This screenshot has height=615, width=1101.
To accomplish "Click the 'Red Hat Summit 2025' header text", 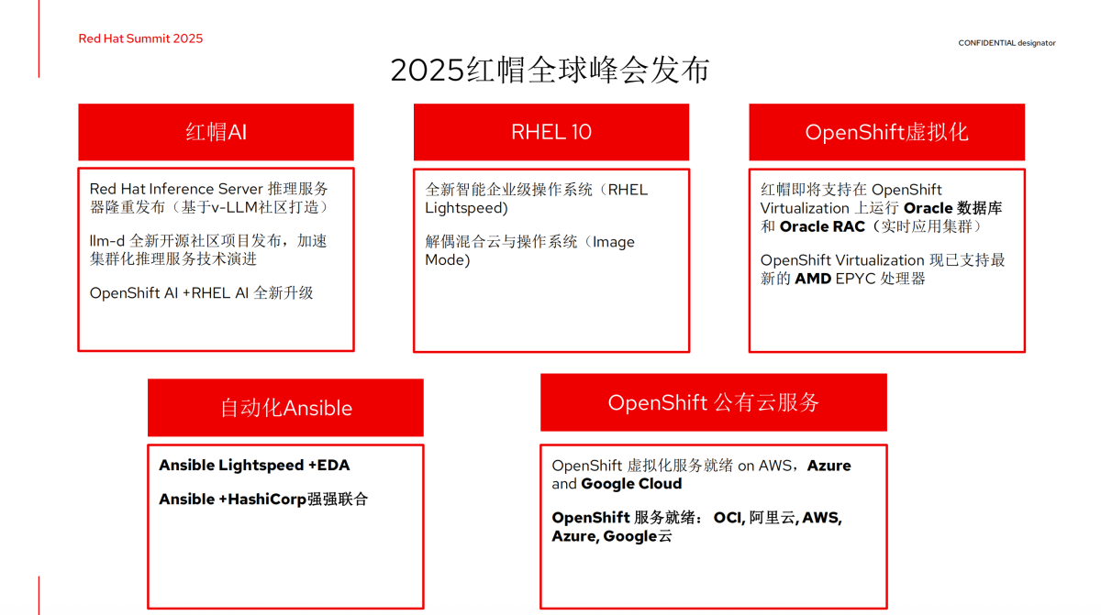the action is pyautogui.click(x=140, y=38).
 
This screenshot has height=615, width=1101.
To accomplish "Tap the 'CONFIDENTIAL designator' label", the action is pyautogui.click(x=1006, y=43).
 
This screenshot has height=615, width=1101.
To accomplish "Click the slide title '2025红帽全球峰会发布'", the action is pyautogui.click(x=550, y=70).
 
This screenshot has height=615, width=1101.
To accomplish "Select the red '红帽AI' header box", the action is pyautogui.click(x=217, y=132).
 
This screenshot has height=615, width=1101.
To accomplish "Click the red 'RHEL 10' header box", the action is pyautogui.click(x=551, y=132).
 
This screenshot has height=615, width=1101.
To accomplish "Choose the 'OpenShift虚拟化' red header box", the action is pyautogui.click(x=886, y=132).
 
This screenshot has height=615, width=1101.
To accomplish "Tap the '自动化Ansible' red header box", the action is pyautogui.click(x=285, y=407).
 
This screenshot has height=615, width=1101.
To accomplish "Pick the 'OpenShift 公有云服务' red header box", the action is pyautogui.click(x=714, y=402).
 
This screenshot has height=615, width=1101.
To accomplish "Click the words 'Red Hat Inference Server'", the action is pyautogui.click(x=176, y=189).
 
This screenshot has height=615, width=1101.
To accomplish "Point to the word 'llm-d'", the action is pyautogui.click(x=106, y=241).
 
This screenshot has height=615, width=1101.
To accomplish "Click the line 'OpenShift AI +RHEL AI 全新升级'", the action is pyautogui.click(x=201, y=293).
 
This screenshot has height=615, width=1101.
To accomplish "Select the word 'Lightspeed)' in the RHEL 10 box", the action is pyautogui.click(x=466, y=208).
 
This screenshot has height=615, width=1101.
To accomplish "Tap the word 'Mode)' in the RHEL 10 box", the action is pyautogui.click(x=448, y=260).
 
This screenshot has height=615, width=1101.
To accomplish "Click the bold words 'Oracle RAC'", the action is pyautogui.click(x=822, y=226).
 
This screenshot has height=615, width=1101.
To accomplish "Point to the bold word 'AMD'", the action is pyautogui.click(x=813, y=279).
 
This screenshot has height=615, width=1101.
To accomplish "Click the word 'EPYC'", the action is pyautogui.click(x=856, y=279).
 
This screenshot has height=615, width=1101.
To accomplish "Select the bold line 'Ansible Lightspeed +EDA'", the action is pyautogui.click(x=254, y=466).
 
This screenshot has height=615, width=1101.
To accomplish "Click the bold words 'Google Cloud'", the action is pyautogui.click(x=631, y=484).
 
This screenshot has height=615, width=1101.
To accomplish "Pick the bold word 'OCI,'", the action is pyautogui.click(x=729, y=518).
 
